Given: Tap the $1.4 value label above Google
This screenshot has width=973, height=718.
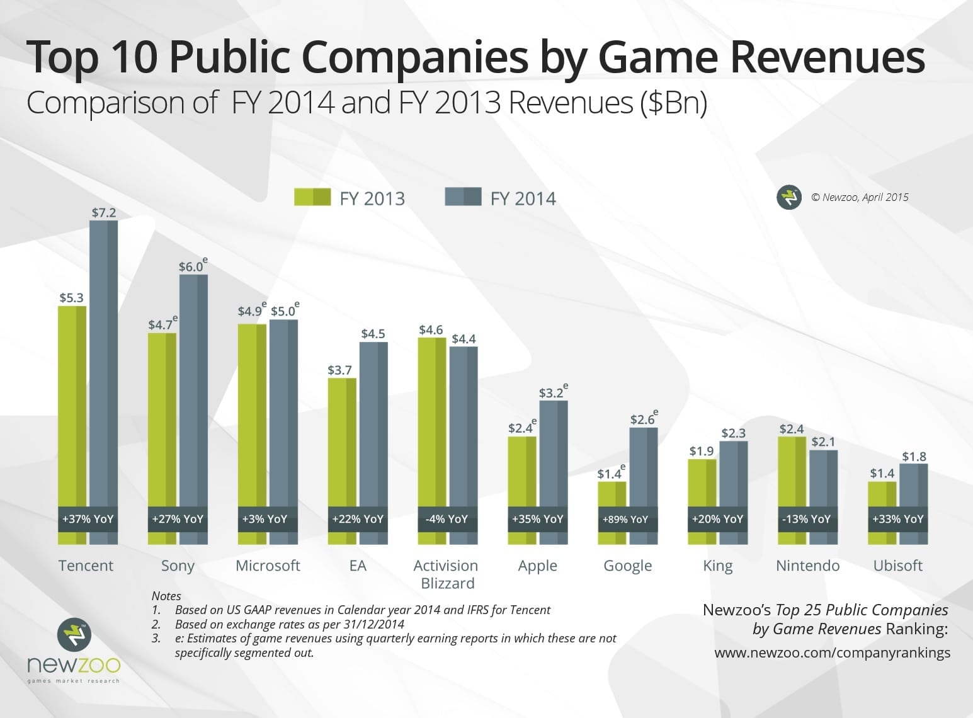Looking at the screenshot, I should (609, 474).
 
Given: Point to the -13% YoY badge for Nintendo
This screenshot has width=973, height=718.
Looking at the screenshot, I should (807, 519).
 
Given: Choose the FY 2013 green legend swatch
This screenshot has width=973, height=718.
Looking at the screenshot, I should (312, 197).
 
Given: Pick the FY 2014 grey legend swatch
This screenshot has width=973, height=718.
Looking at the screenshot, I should (463, 197).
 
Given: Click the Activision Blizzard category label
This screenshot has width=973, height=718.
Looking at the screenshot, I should (447, 574).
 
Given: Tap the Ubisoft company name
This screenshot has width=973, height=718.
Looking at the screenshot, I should (897, 566).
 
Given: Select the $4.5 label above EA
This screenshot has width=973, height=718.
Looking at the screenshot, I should (373, 334).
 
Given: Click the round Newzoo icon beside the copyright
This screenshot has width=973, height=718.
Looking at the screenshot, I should (789, 198).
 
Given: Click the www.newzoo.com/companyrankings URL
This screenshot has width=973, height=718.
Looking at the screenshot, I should (832, 652).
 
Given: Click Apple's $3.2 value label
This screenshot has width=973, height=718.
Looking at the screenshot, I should (551, 393).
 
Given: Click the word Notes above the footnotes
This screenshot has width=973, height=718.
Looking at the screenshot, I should (166, 596).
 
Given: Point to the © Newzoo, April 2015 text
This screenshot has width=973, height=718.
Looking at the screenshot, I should (860, 197).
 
